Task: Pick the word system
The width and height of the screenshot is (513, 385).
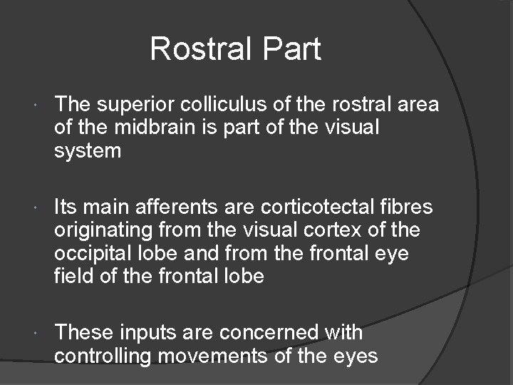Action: (x=88, y=151)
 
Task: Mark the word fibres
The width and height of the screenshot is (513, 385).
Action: (x=408, y=208)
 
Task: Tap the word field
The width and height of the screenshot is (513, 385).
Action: (x=73, y=276)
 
